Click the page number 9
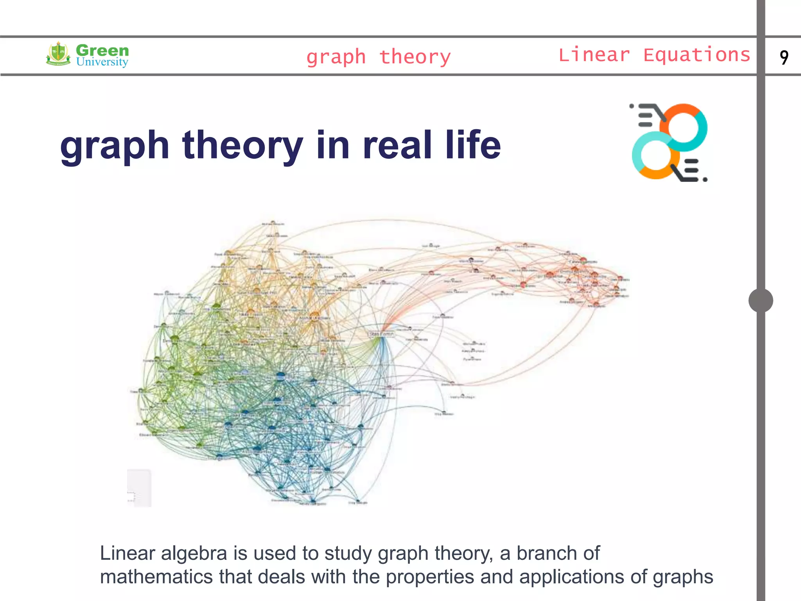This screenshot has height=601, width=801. [784, 57]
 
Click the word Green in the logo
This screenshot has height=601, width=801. [102, 50]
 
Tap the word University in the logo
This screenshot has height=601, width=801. [102, 62]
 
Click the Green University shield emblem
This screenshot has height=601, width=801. [58, 54]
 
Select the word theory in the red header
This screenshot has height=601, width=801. [415, 57]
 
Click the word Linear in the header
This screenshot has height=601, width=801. [594, 55]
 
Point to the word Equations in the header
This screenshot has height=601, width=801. [697, 55]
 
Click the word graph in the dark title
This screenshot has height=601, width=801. [115, 146]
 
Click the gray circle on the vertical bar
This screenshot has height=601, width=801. [761, 300]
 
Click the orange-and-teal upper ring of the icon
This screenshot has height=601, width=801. [683, 128]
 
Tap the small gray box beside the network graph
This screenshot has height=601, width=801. [139, 488]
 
